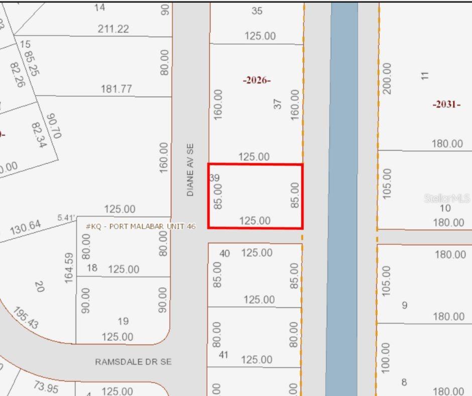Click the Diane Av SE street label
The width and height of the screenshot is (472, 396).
click(x=190, y=170)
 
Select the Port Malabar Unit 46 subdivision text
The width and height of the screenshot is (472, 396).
click(x=141, y=227)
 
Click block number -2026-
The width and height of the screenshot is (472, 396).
click(x=257, y=80)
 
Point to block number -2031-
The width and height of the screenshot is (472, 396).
click(x=446, y=105)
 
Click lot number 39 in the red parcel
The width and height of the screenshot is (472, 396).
click(x=214, y=177)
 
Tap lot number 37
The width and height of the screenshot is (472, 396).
click(x=278, y=104)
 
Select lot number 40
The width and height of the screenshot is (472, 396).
click(x=224, y=253)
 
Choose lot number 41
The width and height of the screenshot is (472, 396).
click(x=224, y=355)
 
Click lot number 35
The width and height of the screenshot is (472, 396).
click(x=257, y=11)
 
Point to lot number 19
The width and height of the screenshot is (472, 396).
click(x=123, y=321)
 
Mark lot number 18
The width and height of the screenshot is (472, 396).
click(x=91, y=268)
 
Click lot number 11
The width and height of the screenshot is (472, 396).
click(x=425, y=76)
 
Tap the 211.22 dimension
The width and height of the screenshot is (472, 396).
click(x=113, y=29)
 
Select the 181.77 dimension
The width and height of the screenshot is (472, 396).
click(x=116, y=89)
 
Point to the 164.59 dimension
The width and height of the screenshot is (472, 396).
click(x=69, y=267)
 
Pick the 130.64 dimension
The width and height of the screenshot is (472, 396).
click(x=25, y=228)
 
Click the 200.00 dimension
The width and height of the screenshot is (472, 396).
click(x=387, y=78)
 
